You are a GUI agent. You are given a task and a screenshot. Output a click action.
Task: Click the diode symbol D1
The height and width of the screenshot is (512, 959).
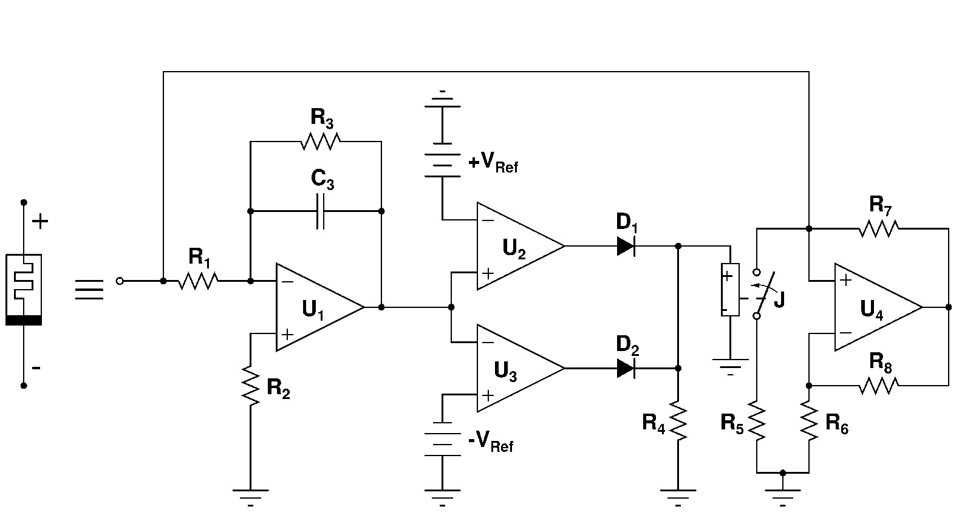tap(626, 246)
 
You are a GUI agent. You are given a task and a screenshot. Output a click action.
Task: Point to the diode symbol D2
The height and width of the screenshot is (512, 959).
tap(626, 368)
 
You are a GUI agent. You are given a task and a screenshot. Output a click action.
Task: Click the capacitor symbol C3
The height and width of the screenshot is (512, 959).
tap(321, 211)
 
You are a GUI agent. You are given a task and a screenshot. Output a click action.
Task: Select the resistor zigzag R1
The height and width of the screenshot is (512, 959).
tap(198, 281)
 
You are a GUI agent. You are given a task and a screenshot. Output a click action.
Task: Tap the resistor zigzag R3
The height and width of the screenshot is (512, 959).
tap(321, 142)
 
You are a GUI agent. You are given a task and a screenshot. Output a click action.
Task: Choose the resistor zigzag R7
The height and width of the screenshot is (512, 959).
tap(879, 228)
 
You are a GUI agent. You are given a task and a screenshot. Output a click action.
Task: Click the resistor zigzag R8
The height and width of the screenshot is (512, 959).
tap(879, 385)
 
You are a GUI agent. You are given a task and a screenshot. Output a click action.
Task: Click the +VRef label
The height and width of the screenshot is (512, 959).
tap(493, 162)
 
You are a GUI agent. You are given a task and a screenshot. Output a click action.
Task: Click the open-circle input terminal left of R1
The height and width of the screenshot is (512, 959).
tap(120, 281)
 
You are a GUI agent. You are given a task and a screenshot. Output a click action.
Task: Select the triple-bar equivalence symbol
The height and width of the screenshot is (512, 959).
tap(89, 290)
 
